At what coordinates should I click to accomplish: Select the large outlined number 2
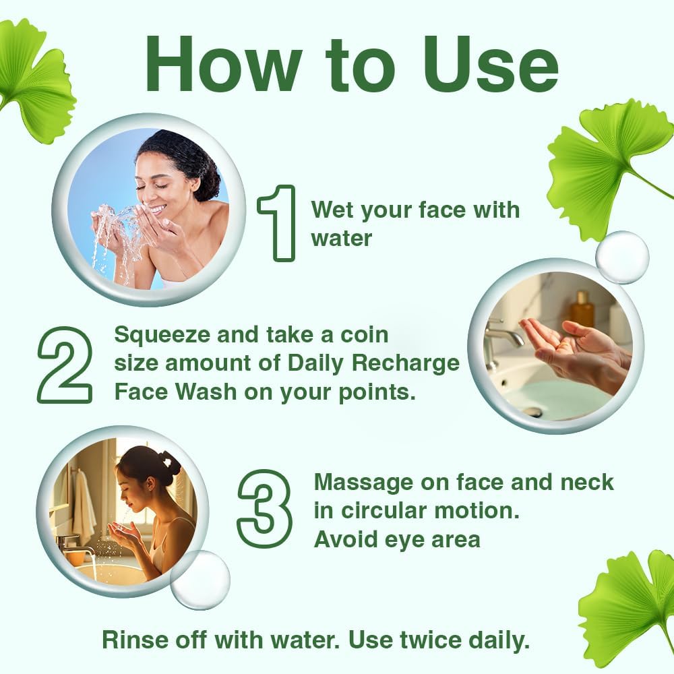[65, 365]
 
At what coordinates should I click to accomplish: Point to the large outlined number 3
[264, 508]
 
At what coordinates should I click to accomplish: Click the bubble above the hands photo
[622, 257]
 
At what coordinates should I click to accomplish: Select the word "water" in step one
[341, 238]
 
